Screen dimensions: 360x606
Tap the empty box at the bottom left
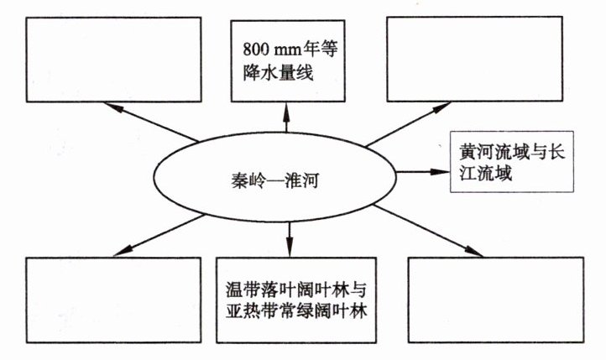pos(112,300)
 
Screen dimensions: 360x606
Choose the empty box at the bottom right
pos(495,300)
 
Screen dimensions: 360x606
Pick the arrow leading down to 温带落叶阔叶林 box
pos(289,235)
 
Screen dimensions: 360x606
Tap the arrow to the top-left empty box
pos(151,121)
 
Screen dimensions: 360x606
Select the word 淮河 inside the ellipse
pos(301,177)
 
